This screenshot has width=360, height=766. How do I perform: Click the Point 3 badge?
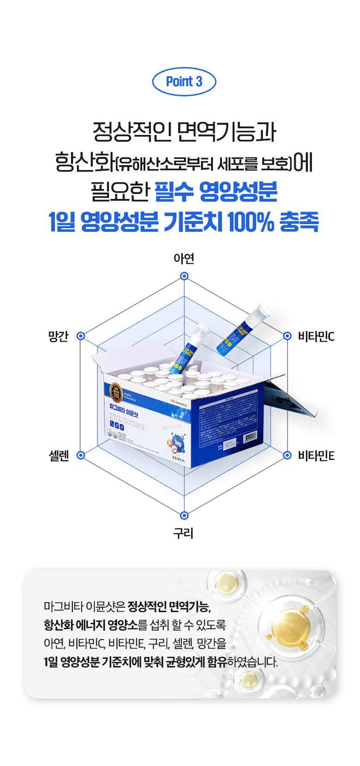pyautogui.click(x=184, y=82)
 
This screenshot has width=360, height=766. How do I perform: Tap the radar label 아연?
pyautogui.click(x=184, y=259)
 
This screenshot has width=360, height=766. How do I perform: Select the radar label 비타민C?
pyautogui.click(x=316, y=336)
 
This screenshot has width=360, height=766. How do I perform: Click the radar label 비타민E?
pyautogui.click(x=316, y=456)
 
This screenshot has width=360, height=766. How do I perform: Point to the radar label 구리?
pyautogui.click(x=183, y=533)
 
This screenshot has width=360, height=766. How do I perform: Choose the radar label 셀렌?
pyautogui.click(x=59, y=456)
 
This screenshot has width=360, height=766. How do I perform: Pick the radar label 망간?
pyautogui.click(x=58, y=336)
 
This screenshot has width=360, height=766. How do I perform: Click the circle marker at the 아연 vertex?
pyautogui.click(x=184, y=276)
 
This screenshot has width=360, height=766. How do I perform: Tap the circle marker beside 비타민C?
pyautogui.click(x=288, y=336)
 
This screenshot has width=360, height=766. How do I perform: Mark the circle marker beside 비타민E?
pyautogui.click(x=288, y=455)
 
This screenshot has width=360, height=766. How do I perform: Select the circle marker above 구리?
pyautogui.click(x=184, y=515)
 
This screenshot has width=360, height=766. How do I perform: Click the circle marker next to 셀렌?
pyautogui.click(x=81, y=455)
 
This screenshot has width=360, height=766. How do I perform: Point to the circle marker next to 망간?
pyautogui.click(x=81, y=336)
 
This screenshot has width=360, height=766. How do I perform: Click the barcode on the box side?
pyautogui.click(x=249, y=437)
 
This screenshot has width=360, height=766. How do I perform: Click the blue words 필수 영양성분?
pyautogui.click(x=216, y=192)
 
